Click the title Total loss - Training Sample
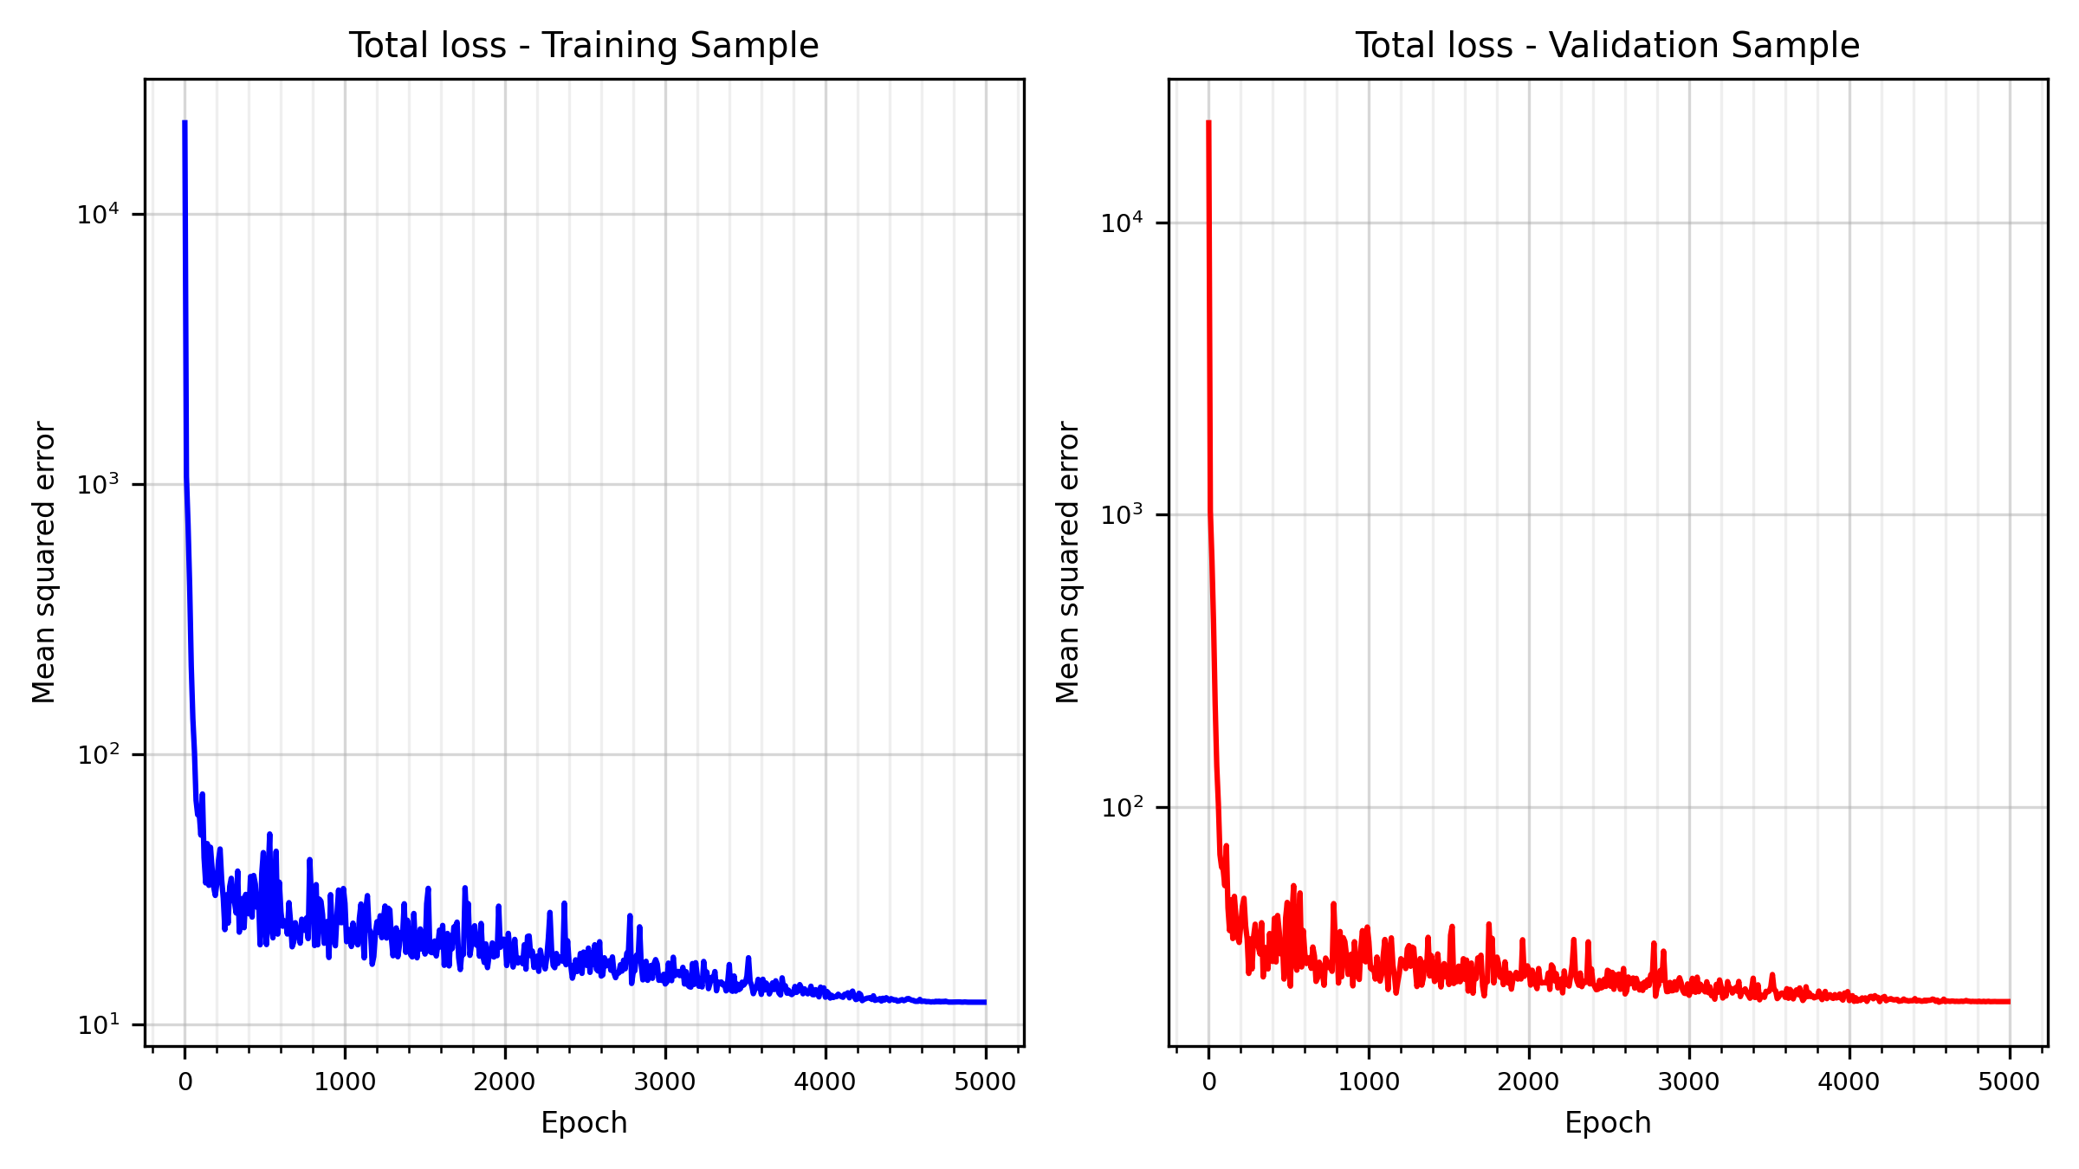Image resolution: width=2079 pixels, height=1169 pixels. [583, 46]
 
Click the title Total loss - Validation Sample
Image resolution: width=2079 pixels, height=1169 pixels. [1607, 46]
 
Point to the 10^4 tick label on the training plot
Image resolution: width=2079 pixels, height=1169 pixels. [97, 214]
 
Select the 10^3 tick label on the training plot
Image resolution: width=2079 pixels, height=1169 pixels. [97, 484]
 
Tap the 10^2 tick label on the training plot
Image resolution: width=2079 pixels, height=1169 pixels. [97, 754]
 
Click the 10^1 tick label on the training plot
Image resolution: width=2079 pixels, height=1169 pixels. [97, 1025]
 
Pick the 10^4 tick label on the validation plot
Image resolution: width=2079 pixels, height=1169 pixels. [1121, 223]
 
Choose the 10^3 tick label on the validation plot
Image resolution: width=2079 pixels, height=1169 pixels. [1121, 514]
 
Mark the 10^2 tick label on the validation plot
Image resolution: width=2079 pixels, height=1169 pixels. [1121, 807]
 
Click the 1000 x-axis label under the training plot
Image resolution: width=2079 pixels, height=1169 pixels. [345, 1082]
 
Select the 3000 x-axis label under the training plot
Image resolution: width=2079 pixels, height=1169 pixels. [665, 1082]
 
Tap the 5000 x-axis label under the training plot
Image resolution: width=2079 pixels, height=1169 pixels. [986, 1082]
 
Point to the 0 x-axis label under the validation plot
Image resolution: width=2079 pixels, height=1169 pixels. [1209, 1082]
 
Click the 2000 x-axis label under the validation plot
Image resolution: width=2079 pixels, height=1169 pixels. [1529, 1082]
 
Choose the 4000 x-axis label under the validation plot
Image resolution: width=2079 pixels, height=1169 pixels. [1849, 1082]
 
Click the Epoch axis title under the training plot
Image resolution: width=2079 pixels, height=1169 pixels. [584, 1123]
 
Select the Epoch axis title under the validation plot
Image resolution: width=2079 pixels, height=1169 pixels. [1608, 1123]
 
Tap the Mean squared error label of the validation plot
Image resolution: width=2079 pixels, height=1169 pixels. [1068, 562]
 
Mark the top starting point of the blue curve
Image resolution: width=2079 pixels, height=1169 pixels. [185, 123]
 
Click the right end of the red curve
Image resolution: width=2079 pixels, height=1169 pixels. [2009, 1002]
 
